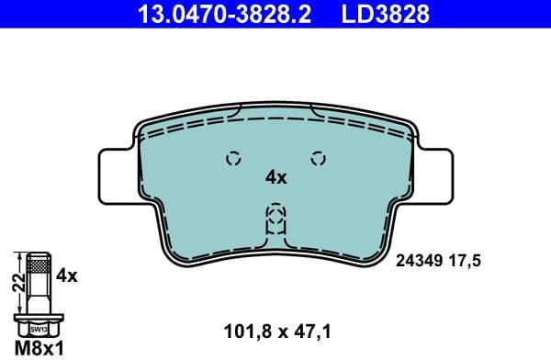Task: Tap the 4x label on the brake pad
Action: [x=276, y=177]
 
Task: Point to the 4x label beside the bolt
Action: [x=66, y=274]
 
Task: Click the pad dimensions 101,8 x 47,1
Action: [x=276, y=327]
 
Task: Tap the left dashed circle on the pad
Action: [x=233, y=157]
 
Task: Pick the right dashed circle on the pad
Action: [x=319, y=157]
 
